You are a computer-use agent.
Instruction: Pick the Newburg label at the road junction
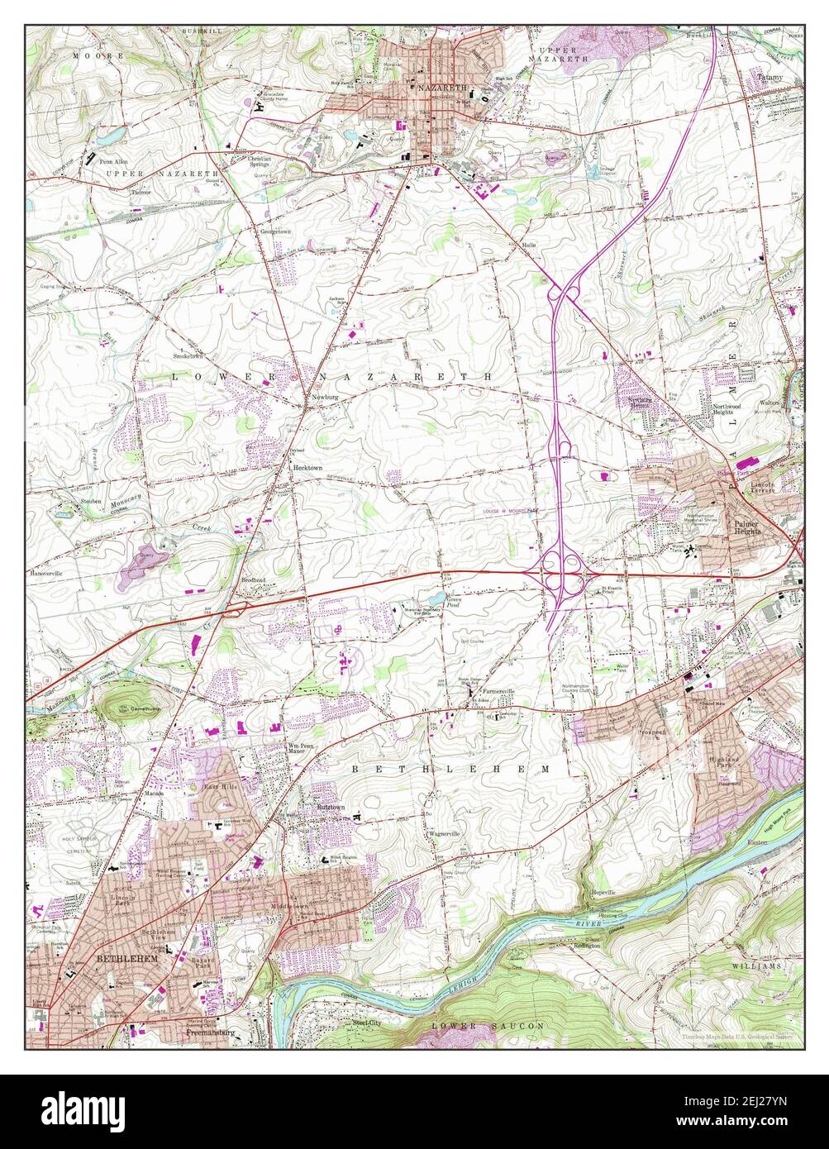[x=325, y=397]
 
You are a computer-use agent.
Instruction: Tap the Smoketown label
[x=188, y=356]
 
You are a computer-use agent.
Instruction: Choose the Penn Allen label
[x=114, y=162]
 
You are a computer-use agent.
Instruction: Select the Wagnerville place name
[x=444, y=834]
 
